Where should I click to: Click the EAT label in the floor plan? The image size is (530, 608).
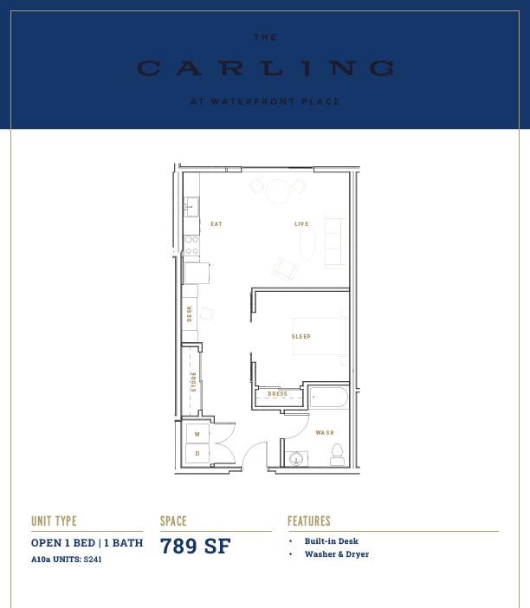click(x=217, y=224)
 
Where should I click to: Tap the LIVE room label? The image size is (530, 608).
click(x=301, y=224)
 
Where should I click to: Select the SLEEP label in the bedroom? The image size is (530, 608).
click(x=301, y=337)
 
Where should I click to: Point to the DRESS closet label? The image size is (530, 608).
click(x=278, y=393)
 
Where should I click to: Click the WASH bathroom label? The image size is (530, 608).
click(x=325, y=433)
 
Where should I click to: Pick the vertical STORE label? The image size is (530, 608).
click(x=193, y=382)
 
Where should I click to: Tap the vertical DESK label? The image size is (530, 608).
click(x=189, y=314)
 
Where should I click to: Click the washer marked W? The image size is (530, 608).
click(x=197, y=434)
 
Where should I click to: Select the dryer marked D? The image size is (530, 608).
click(x=197, y=453)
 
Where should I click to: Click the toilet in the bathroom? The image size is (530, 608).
click(x=337, y=455)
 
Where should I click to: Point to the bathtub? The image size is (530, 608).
click(x=329, y=397)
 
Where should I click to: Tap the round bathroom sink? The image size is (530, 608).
click(x=296, y=459)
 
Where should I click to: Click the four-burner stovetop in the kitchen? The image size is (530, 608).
click(x=192, y=245)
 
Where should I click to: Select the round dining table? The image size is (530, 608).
click(x=278, y=191)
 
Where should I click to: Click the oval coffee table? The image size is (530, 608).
click(x=307, y=241)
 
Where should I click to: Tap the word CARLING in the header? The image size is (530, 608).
click(x=266, y=68)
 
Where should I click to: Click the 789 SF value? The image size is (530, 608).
click(x=196, y=546)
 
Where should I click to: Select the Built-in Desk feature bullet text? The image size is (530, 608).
click(x=331, y=541)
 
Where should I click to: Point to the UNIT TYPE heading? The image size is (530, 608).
click(x=54, y=521)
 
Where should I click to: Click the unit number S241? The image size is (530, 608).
click(x=93, y=559)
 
